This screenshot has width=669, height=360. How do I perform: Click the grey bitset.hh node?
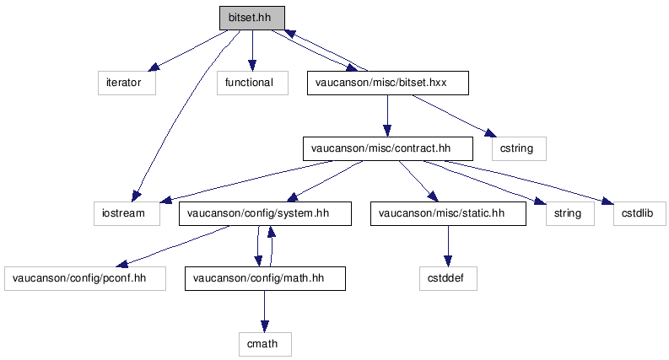point(251,18)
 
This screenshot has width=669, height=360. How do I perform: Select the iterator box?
point(127,83)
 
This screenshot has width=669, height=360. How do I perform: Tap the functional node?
point(252,83)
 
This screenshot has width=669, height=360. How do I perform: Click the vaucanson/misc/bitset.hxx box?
point(388,83)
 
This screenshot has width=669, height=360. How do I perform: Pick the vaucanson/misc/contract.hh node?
point(388,148)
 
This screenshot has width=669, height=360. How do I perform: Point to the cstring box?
point(519,148)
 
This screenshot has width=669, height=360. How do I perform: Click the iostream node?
point(127,213)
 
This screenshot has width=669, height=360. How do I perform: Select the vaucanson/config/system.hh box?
point(265,213)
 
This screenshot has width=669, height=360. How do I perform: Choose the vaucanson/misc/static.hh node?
point(448,213)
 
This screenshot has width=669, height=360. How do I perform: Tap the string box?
point(570,213)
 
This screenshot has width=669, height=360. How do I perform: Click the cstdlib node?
point(639,213)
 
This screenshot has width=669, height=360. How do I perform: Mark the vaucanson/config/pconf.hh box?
point(85,278)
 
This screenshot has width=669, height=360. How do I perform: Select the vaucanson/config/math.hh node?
point(265,278)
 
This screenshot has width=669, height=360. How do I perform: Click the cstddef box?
point(448,278)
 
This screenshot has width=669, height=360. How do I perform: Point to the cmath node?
point(265,344)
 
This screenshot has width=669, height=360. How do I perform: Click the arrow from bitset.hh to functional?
point(252,51)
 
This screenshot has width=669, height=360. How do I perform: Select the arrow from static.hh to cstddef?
point(448,246)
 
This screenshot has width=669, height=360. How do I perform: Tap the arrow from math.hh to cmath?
point(265,311)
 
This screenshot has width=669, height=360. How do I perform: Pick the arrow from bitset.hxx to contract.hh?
point(387,116)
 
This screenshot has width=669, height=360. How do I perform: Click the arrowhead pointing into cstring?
point(491,133)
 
